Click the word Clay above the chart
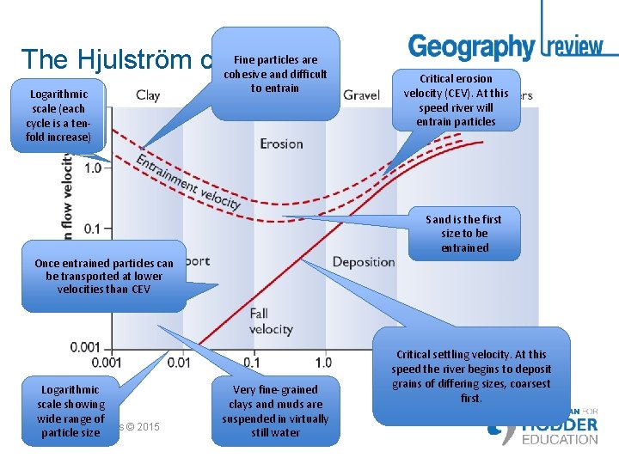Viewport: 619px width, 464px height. coord(148,95)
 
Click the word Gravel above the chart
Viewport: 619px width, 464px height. coord(361,95)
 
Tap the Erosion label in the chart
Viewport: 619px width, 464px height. coord(281,143)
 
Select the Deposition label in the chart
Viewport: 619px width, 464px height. coord(364,261)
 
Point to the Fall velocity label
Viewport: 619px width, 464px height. coord(270,321)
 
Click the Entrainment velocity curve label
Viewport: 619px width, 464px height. coord(188,180)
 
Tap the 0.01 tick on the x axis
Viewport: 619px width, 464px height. coord(179,363)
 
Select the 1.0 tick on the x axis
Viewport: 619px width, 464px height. coord(322,363)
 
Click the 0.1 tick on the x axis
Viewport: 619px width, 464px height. coord(252,363)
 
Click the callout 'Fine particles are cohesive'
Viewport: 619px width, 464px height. coord(275,74)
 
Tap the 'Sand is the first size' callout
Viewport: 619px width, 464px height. coord(464,234)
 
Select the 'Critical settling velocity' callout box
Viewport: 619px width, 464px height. coord(471,375)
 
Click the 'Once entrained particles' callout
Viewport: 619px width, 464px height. coord(103,276)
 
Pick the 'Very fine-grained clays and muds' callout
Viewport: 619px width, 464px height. coord(275,411)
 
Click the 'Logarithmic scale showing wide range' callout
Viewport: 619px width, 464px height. coord(71,411)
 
